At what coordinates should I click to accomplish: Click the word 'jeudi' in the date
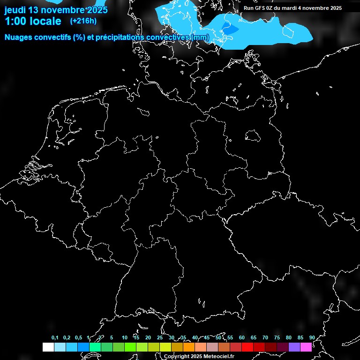click(15, 10)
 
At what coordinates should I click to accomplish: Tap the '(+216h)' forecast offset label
click(83, 21)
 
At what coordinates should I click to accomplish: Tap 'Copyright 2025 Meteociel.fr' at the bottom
click(199, 357)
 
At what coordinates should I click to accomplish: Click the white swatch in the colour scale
click(48, 347)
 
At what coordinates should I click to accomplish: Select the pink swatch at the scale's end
click(306, 347)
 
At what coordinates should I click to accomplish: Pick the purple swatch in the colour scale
click(294, 347)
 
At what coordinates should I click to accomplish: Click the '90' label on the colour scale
click(312, 337)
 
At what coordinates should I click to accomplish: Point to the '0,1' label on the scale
click(55, 337)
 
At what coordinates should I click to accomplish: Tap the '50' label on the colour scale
click(218, 337)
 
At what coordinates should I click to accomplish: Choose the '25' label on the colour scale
click(160, 337)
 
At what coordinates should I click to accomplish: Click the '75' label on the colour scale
click(277, 337)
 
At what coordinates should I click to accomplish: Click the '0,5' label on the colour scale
click(78, 337)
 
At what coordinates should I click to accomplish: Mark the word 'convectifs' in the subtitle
click(56, 37)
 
